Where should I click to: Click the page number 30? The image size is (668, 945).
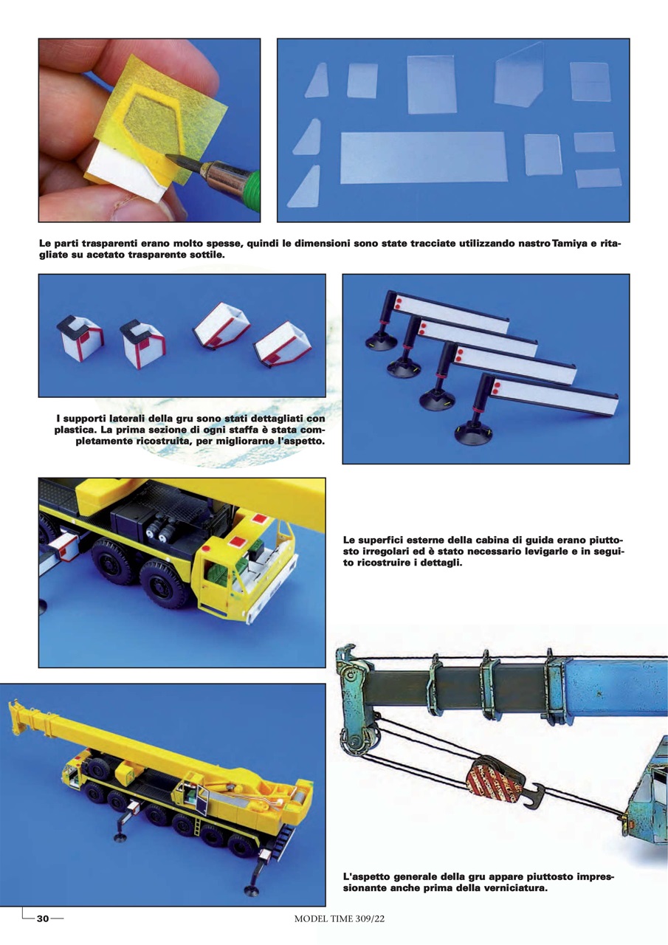(x=43, y=918)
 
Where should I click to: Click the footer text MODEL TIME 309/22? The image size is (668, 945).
(x=340, y=918)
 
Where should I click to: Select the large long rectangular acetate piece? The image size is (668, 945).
(x=423, y=157)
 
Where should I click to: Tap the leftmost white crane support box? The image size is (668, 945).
(x=78, y=339)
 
